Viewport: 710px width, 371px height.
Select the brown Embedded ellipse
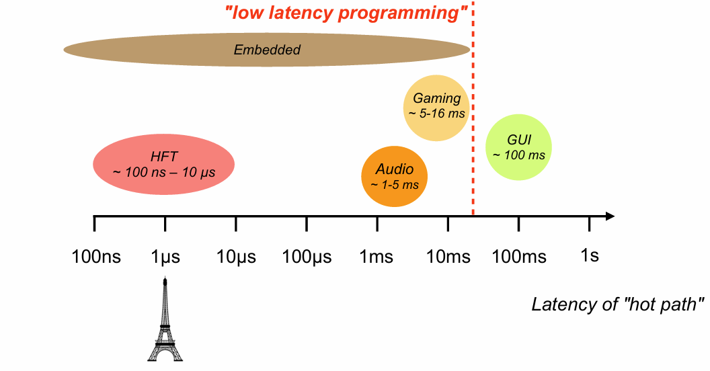(267, 50)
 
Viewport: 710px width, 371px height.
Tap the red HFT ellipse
(163, 165)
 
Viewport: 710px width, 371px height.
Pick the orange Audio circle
(395, 176)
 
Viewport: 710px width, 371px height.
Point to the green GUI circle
(518, 147)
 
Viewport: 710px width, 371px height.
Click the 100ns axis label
(97, 257)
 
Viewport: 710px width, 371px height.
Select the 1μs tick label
(165, 257)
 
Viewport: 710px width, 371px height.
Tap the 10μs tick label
(236, 257)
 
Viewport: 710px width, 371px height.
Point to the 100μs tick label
(307, 257)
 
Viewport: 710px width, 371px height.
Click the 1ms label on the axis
(377, 257)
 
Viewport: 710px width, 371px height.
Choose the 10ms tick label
(448, 257)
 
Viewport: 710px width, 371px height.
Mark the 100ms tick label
(519, 257)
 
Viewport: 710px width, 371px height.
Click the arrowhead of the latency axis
(610, 216)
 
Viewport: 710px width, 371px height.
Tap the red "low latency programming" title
(346, 13)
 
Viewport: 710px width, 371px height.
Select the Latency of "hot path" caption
(618, 304)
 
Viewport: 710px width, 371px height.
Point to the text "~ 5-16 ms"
(436, 114)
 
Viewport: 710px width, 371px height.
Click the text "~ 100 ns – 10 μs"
(163, 172)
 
